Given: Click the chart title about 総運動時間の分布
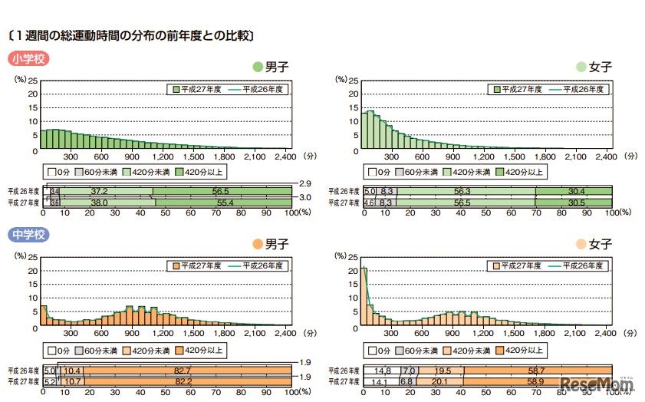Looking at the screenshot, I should pyautogui.click(x=130, y=35).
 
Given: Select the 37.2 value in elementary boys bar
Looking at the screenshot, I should pyautogui.click(x=97, y=191).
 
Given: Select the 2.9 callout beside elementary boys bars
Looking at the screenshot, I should pyautogui.click(x=304, y=183).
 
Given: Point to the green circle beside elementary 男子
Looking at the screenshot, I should pyautogui.click(x=257, y=68).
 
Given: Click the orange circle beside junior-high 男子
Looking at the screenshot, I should pyautogui.click(x=257, y=245).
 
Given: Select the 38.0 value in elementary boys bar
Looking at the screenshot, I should pyautogui.click(x=100, y=202).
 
